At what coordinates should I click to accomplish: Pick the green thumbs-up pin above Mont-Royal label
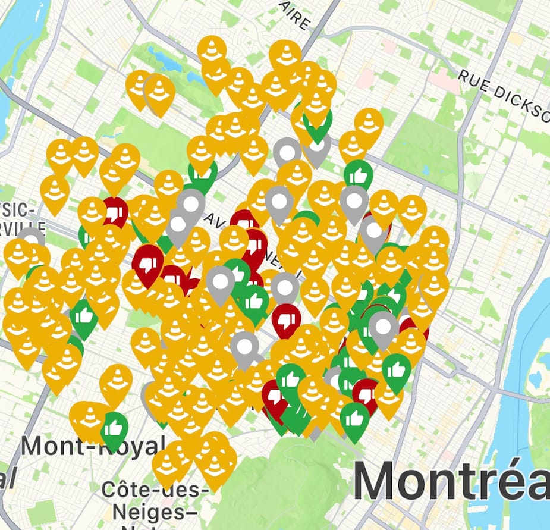pyautogui.click(x=114, y=427)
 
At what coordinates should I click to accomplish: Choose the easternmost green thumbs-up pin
pyautogui.click(x=396, y=369)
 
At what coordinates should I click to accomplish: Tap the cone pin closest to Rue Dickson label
pyautogui.click(x=369, y=123)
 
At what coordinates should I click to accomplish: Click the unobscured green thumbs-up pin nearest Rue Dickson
pyautogui.click(x=359, y=175)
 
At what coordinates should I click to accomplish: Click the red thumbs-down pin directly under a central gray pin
pyautogui.click(x=286, y=319)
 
